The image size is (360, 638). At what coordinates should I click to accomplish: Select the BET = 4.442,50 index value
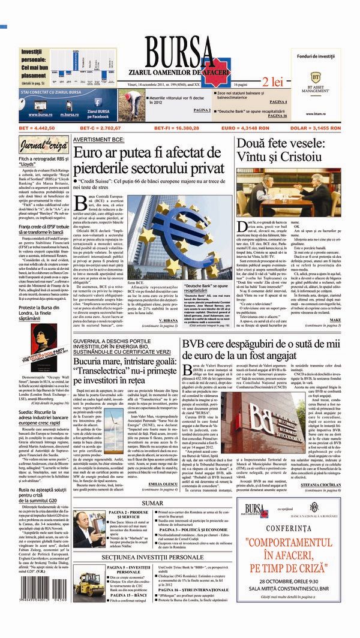37,128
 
